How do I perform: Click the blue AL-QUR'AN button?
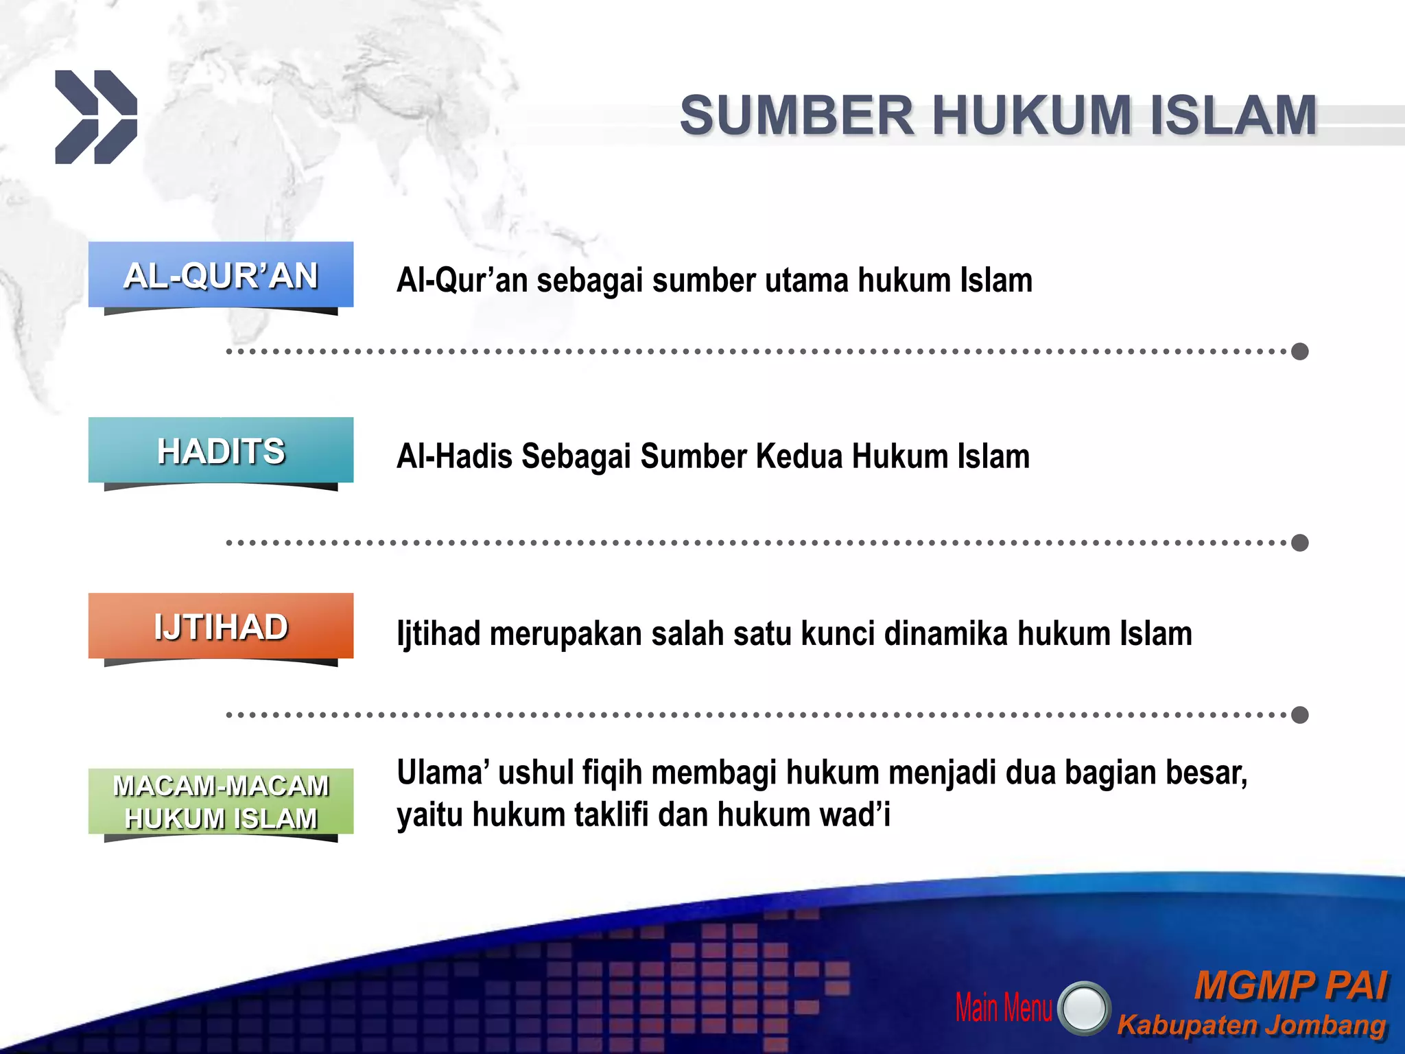click(x=220, y=275)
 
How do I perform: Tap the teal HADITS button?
click(x=220, y=451)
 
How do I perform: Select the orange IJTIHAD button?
click(x=220, y=626)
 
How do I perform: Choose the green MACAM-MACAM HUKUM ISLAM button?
click(x=220, y=801)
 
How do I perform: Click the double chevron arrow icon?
click(x=96, y=117)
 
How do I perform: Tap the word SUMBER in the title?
click(x=796, y=115)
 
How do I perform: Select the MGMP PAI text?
click(x=1291, y=986)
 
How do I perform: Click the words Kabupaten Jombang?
click(x=1251, y=1025)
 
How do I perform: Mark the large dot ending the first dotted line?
click(x=1299, y=351)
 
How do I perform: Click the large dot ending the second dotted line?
click(x=1299, y=543)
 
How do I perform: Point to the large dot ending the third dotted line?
click(x=1299, y=715)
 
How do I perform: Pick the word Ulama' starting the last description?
click(x=442, y=773)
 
